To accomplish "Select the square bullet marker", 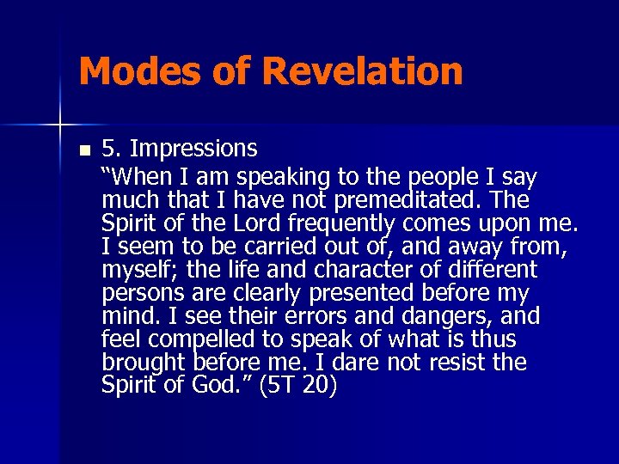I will (x=83, y=150).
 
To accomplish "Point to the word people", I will (x=446, y=177).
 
